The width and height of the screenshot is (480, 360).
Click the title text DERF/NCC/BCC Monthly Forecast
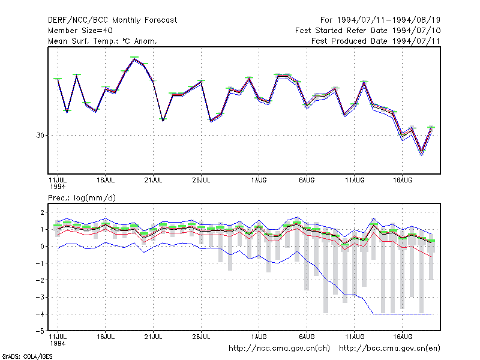point(112,20)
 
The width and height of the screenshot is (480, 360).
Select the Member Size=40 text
point(80,31)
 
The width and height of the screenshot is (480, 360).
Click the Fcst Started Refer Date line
point(368,31)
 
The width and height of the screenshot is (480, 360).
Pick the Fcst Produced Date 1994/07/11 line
point(376,41)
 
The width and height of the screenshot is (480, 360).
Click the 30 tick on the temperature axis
point(40,136)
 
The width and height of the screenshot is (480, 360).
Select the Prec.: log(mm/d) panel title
point(82,198)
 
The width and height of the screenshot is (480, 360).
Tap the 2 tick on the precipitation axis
point(42,212)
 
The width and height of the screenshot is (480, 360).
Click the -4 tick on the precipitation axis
point(40,314)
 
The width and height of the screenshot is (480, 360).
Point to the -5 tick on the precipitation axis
point(40,331)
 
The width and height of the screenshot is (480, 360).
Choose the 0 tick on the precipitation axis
point(42,247)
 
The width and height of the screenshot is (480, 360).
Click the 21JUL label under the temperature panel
point(154,181)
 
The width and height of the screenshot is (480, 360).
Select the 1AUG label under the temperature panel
point(259,181)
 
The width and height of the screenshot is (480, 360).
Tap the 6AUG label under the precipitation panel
point(307,337)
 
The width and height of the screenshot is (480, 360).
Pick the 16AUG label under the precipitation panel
point(403,337)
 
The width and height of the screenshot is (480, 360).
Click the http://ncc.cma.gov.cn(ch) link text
point(279,349)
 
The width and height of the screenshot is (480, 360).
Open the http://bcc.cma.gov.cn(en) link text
point(389,349)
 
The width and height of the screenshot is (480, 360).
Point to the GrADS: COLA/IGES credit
point(27,356)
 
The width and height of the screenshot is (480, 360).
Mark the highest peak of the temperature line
point(134,59)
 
